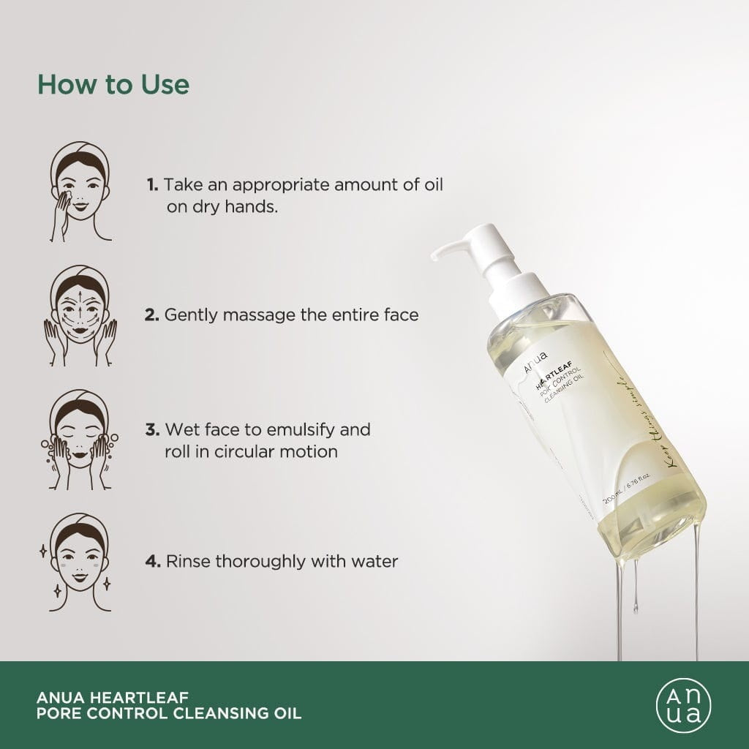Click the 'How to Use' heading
(113, 84)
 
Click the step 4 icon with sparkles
(81, 562)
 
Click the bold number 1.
(151, 185)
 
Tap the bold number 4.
(152, 562)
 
